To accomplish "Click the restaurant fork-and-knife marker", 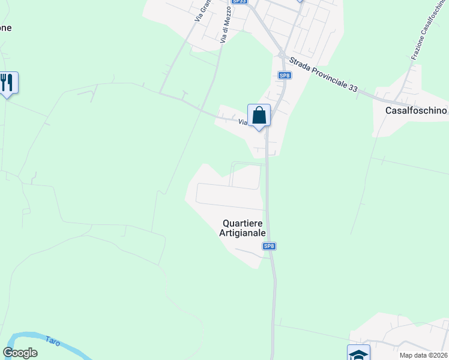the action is (x=7, y=82).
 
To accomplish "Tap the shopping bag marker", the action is (x=259, y=115).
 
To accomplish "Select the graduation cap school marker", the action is (x=358, y=354).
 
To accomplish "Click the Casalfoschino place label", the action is (x=417, y=110).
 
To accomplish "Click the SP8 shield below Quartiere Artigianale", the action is (x=269, y=246).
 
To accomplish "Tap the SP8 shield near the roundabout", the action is (x=284, y=75).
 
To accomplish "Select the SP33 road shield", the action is (x=239, y=2).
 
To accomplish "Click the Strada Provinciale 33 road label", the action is (x=323, y=75).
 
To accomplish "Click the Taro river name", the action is (x=53, y=341).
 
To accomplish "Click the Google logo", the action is (x=20, y=353).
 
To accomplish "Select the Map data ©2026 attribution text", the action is (x=423, y=355).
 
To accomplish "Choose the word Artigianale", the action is (x=242, y=233).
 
